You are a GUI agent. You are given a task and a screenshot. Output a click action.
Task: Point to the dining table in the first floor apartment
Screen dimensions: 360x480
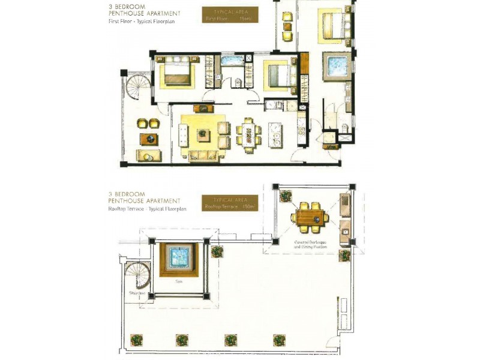(248, 134)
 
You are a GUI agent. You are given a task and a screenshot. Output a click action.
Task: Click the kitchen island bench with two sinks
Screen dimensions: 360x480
(275, 134)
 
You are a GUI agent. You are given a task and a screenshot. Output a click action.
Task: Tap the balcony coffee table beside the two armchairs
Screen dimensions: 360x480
(148, 139)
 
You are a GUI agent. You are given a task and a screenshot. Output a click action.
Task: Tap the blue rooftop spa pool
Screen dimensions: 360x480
(178, 259)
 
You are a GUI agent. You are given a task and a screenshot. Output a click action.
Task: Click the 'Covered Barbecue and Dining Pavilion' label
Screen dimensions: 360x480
(310, 244)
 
